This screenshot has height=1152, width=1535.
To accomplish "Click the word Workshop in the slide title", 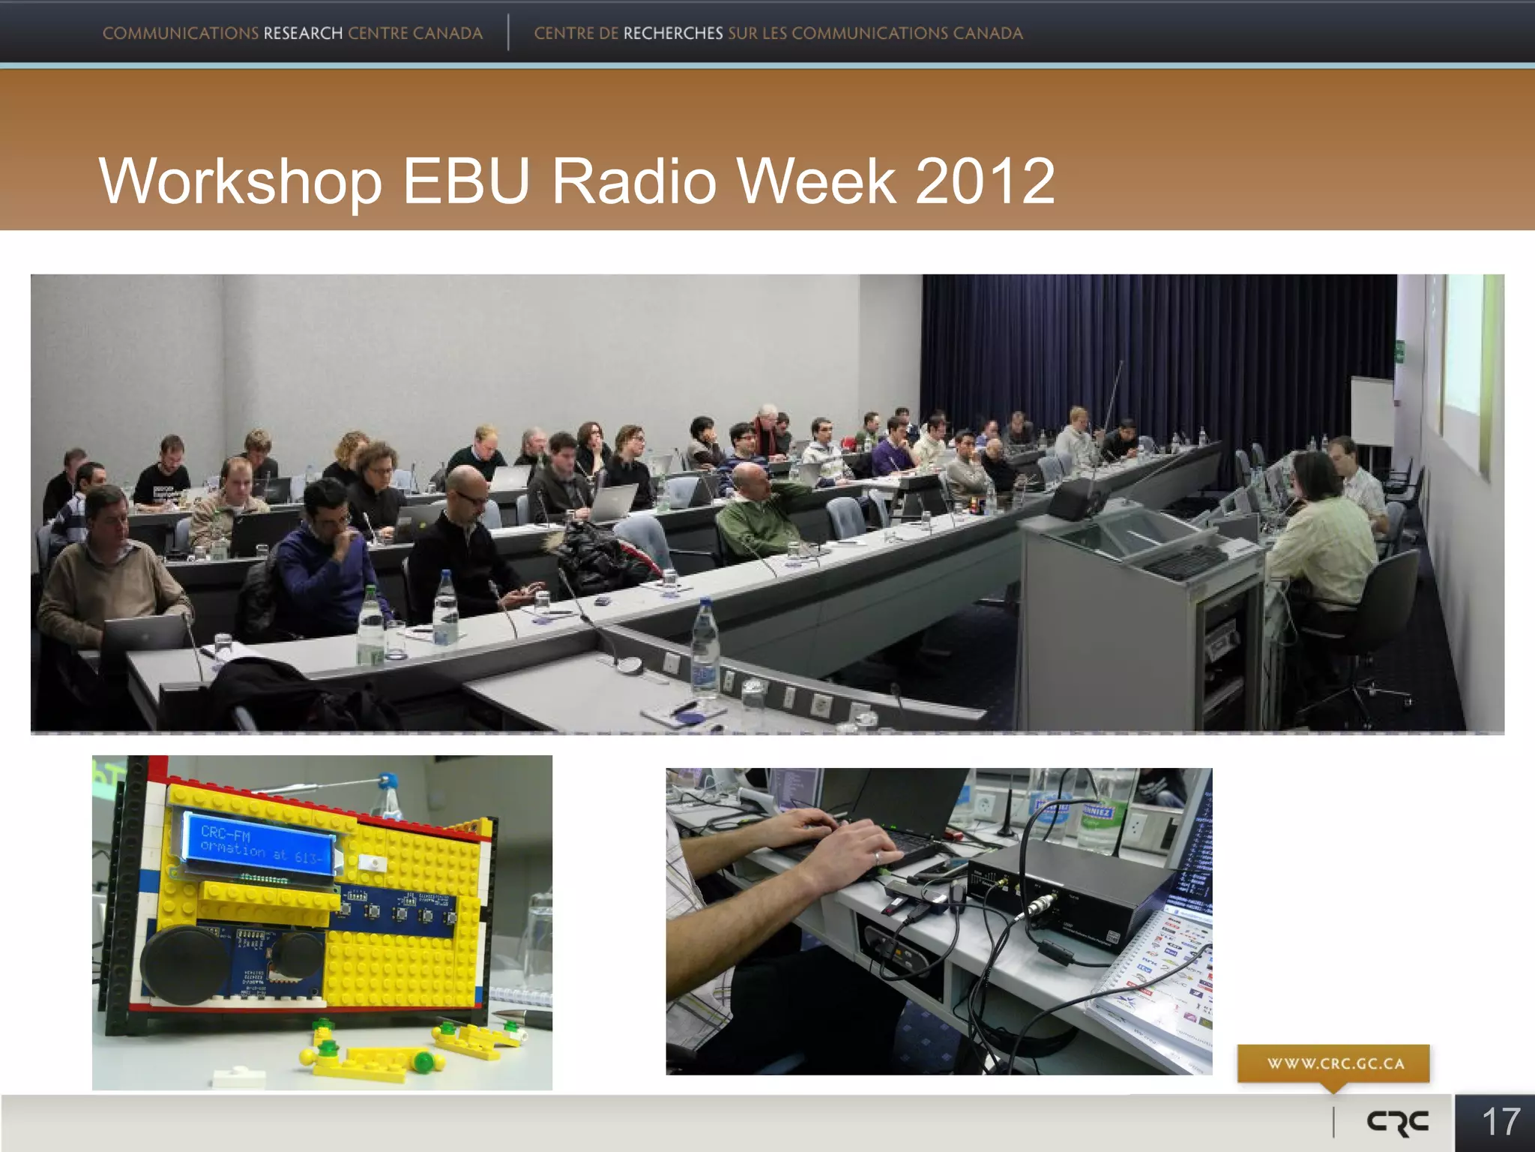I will click(241, 181).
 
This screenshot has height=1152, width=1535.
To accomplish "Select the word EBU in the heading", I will click(466, 181).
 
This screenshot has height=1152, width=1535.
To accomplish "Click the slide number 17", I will click(1501, 1123).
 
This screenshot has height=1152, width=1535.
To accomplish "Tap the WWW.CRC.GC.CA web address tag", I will click(1335, 1063).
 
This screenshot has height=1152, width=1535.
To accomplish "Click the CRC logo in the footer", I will click(1397, 1123).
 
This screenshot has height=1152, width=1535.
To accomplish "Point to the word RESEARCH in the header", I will click(303, 34).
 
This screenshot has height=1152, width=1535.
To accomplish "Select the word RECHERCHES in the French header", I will click(672, 34).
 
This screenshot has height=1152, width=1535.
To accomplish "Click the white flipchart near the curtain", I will click(1372, 411).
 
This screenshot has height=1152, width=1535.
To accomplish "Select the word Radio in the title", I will click(634, 181).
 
